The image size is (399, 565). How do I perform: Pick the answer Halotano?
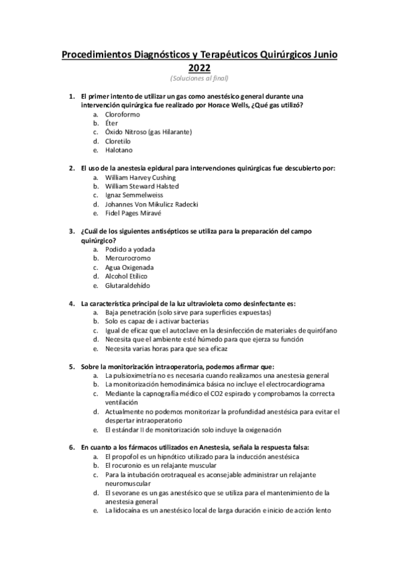click(119, 150)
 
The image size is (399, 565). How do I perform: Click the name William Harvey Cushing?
click(141, 178)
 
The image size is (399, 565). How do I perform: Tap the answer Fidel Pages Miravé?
click(133, 213)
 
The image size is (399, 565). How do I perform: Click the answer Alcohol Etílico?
click(127, 277)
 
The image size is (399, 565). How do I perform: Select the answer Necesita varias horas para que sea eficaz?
click(180, 348)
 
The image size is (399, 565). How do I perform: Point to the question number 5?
click(72, 367)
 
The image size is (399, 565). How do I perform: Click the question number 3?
click(72, 231)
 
